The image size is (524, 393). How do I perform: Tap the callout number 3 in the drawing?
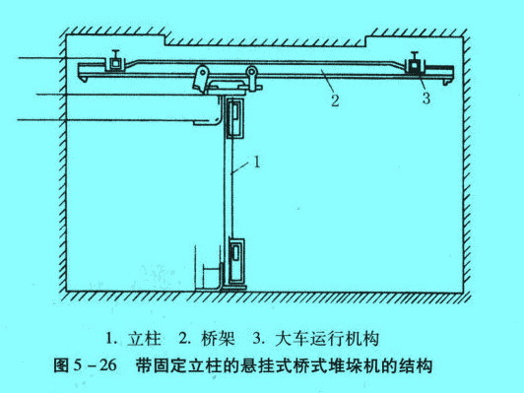pos(425,98)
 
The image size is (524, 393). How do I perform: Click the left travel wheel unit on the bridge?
pos(116,64)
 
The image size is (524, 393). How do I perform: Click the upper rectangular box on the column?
pos(236,118)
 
